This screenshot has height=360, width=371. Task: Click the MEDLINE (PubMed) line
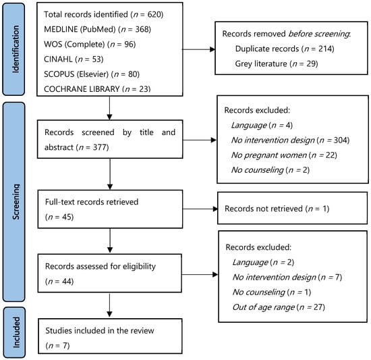(x=98, y=29)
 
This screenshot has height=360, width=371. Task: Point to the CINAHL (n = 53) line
(x=74, y=59)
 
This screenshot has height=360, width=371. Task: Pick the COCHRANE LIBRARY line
(x=97, y=88)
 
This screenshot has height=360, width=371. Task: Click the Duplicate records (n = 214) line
(x=285, y=49)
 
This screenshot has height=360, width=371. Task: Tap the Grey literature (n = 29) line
(x=277, y=63)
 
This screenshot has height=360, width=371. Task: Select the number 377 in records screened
(x=99, y=147)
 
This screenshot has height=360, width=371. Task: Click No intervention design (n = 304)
(x=290, y=140)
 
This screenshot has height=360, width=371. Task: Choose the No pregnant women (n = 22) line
(x=284, y=155)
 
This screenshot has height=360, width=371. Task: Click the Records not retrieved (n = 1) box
(x=293, y=208)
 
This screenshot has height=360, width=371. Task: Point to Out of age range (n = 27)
(x=279, y=307)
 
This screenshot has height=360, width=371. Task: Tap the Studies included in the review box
(x=110, y=336)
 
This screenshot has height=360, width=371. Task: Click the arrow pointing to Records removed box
(x=199, y=49)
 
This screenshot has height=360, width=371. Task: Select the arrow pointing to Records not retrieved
(x=200, y=209)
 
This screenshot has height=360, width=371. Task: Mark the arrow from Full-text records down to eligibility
(x=110, y=240)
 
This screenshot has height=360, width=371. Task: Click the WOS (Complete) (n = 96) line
(x=90, y=45)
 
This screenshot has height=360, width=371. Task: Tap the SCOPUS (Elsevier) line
(x=92, y=74)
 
